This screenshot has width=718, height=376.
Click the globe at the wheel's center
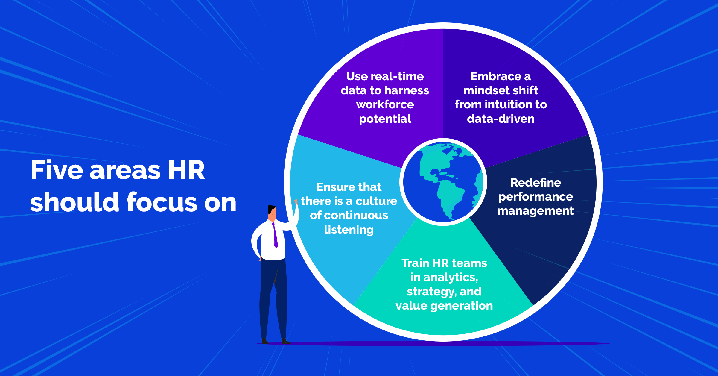(443, 182)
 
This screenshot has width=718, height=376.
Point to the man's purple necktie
(275, 235)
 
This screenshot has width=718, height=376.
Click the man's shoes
(274, 341)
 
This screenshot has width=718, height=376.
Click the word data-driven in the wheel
(501, 119)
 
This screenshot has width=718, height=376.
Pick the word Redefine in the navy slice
(536, 183)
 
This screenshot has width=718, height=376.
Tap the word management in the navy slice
(536, 211)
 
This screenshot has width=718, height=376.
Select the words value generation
(444, 306)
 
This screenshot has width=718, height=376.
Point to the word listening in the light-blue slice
(349, 230)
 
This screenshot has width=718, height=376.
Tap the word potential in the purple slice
(385, 119)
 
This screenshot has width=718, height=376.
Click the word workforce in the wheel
(385, 104)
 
